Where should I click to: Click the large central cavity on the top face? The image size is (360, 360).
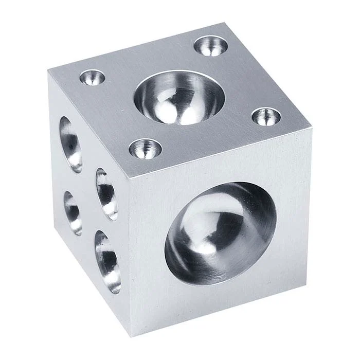tap(179, 98)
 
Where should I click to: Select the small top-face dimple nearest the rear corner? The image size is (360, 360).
tap(211, 46)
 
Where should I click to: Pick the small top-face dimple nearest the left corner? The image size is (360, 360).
tap(93, 78)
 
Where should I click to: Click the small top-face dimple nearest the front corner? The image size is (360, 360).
tap(145, 149)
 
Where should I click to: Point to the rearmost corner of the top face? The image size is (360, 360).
tap(225, 24)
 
